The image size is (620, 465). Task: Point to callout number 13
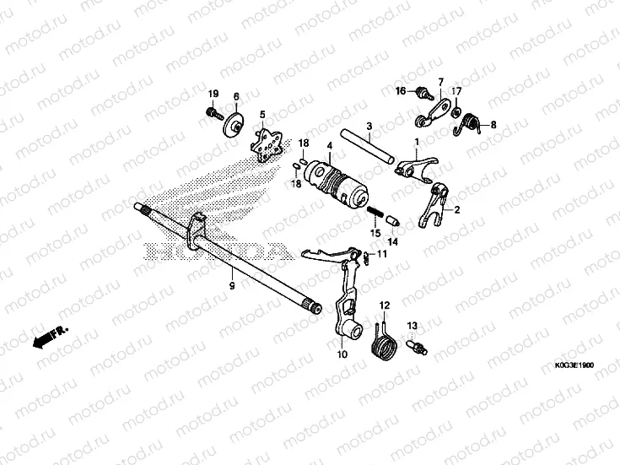(x=413, y=325)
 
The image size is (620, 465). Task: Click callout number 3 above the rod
(x=369, y=126)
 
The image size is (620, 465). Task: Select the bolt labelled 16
(x=422, y=90)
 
